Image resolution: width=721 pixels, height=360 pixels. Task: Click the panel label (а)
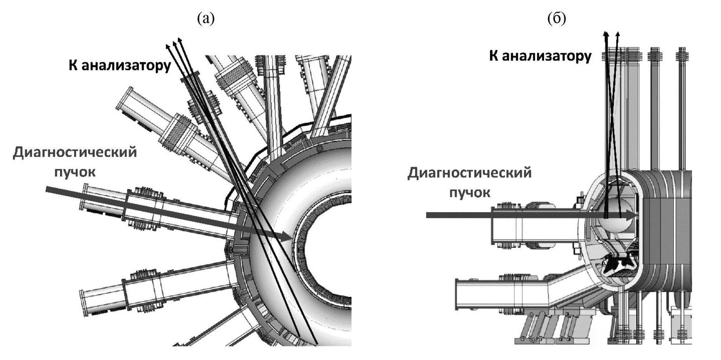(206, 18)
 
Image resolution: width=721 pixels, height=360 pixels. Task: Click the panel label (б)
(556, 18)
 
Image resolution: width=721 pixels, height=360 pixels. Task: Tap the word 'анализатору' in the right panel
(547, 56)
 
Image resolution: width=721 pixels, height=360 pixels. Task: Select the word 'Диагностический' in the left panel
(75, 153)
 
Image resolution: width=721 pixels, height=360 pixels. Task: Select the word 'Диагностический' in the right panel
(470, 173)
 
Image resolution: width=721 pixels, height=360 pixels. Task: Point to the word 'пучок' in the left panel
(75, 172)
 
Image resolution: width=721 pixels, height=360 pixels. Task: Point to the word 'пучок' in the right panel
(470, 193)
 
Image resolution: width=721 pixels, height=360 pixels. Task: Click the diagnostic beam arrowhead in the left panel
(286, 236)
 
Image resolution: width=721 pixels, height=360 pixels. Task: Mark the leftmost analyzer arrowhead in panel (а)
(168, 46)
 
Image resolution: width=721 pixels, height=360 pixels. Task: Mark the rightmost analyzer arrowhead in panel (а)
(180, 40)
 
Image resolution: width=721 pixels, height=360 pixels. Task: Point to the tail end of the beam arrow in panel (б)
(428, 215)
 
